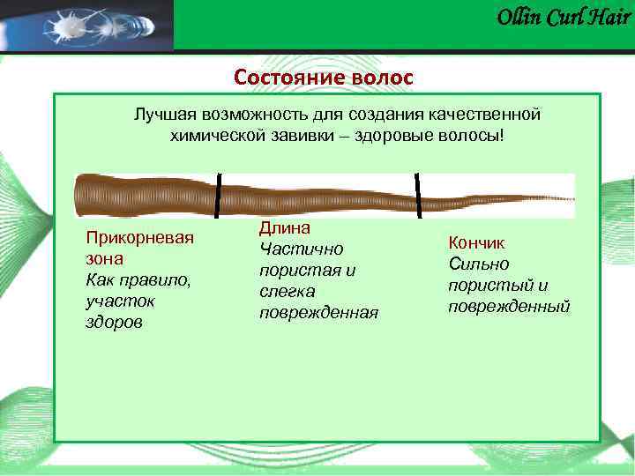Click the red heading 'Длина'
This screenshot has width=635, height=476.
(280, 228)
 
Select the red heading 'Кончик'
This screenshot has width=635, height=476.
(476, 242)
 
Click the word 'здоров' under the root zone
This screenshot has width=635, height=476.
(112, 323)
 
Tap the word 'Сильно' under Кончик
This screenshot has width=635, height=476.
(478, 264)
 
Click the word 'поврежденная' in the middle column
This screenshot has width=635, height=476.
(318, 313)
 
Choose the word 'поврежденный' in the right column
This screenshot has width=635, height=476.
(509, 306)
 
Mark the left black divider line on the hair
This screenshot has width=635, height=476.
(218, 195)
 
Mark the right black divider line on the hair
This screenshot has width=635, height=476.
(418, 195)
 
